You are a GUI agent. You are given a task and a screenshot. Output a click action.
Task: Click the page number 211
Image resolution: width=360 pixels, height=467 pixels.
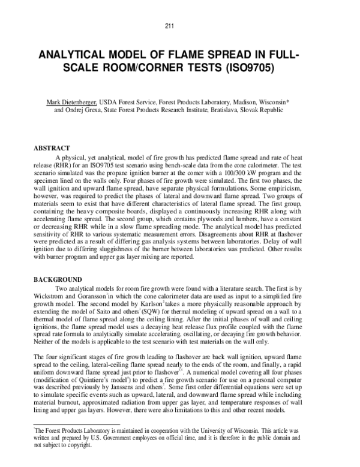coord(180,25)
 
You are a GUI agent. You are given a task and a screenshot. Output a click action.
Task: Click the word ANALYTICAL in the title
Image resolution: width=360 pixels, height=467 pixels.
coord(76,55)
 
